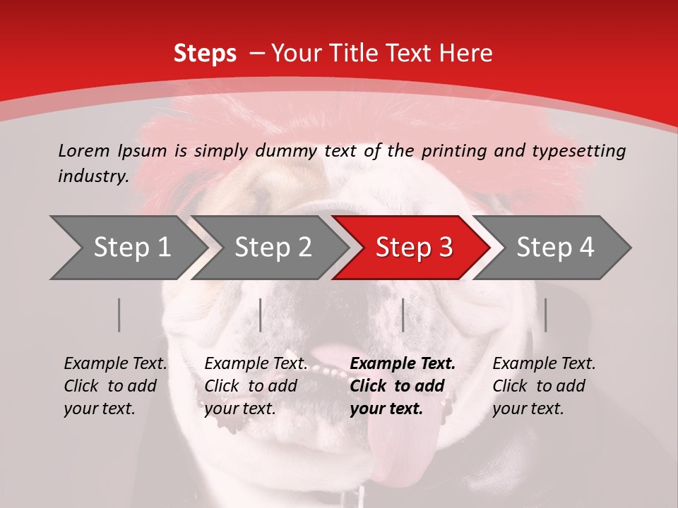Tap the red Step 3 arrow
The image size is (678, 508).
pos(413,248)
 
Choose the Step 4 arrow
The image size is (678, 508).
pos(554,248)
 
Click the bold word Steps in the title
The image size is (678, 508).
pos(205,54)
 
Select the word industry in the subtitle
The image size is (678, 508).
pos(93,176)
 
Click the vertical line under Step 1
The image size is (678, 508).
pos(119,315)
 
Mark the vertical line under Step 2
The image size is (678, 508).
pos(261,315)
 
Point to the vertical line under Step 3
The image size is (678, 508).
pos(403,315)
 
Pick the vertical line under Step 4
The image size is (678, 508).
pos(545,315)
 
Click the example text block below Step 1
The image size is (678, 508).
pos(115,386)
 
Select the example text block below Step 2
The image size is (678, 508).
pos(256,386)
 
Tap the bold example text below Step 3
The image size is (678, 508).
pos(403,386)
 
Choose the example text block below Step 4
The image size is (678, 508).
pos(544,386)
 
